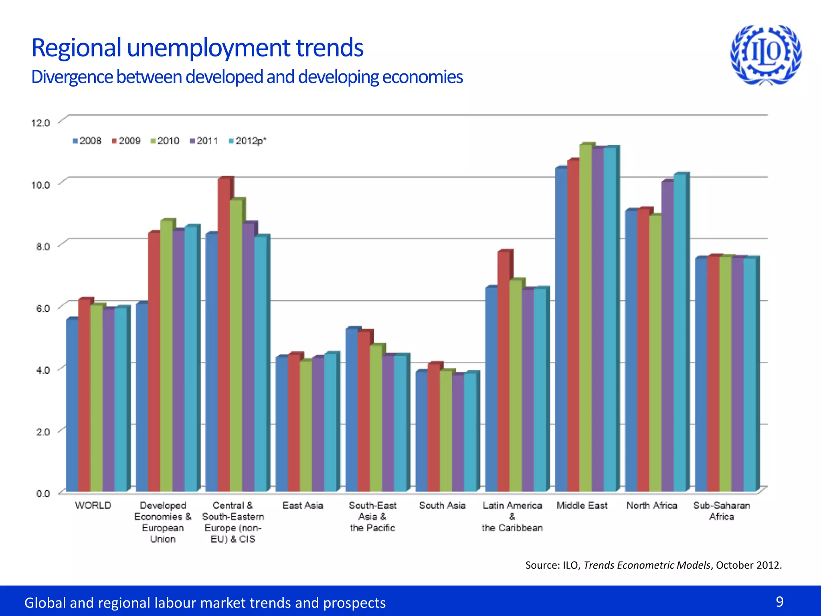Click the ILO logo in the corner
tap(766, 55)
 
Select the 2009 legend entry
tap(126, 141)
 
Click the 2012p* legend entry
tap(247, 141)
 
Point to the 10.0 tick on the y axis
tap(40, 185)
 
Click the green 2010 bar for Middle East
tap(586, 317)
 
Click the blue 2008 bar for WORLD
tap(72, 405)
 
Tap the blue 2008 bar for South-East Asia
tap(352, 409)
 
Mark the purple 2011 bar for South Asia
tap(458, 433)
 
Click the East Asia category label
tap(303, 506)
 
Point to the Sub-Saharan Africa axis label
tap(722, 511)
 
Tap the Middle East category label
tap(582, 506)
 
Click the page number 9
tap(779, 602)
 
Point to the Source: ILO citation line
tap(653, 565)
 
